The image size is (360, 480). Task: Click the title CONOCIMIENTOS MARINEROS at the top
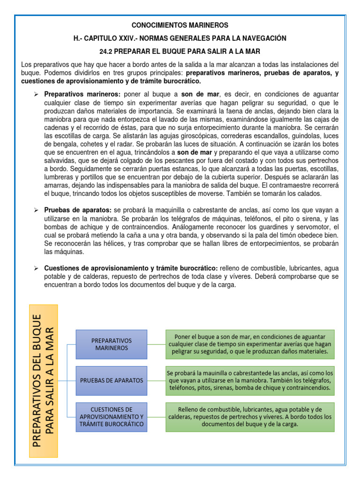click(180, 25)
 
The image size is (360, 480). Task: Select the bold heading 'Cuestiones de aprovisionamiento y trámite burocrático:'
click(131, 268)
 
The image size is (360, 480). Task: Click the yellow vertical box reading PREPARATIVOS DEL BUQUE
click(44, 381)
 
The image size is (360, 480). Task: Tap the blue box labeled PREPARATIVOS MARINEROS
click(112, 344)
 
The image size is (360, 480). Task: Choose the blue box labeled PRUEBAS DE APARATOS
click(112, 380)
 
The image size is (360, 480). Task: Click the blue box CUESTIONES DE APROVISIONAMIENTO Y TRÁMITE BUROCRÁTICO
click(112, 417)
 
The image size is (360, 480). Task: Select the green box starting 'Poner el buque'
click(250, 344)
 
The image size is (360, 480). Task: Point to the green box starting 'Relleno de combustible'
click(250, 417)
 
